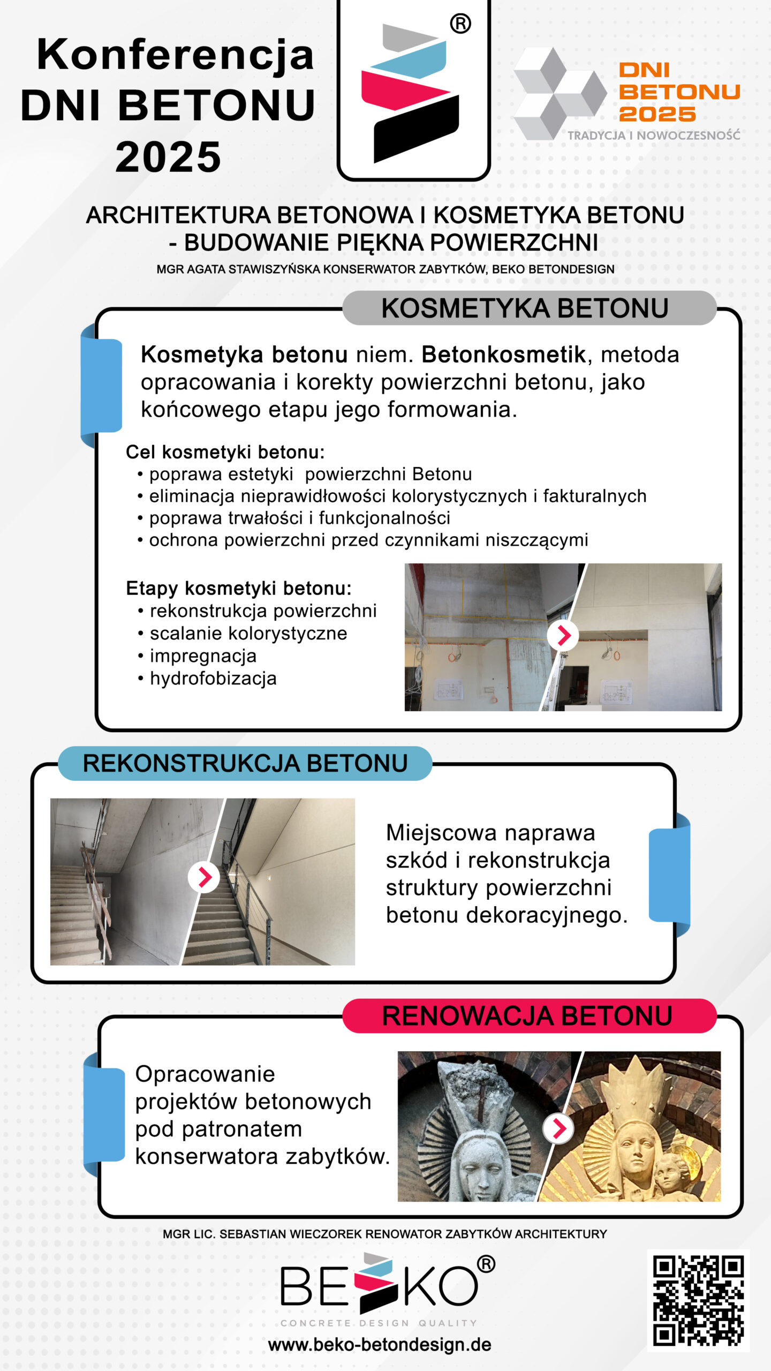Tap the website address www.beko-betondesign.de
coord(380,1344)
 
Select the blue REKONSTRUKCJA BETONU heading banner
coord(245,763)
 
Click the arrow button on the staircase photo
coord(204,877)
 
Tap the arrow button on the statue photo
coord(558,1128)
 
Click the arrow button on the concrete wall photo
coord(563,636)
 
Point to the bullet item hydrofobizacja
coord(213,679)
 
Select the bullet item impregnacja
coord(203,656)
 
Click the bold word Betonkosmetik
coord(503,355)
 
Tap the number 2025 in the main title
coord(168,157)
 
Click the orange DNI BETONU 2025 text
coord(679,92)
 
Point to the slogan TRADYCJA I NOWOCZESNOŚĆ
coord(654,135)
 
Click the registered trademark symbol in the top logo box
coord(460,24)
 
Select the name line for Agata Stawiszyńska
coord(385,269)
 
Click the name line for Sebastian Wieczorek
coord(384,1234)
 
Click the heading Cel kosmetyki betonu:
coord(225,453)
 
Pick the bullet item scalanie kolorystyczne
coord(248,634)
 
